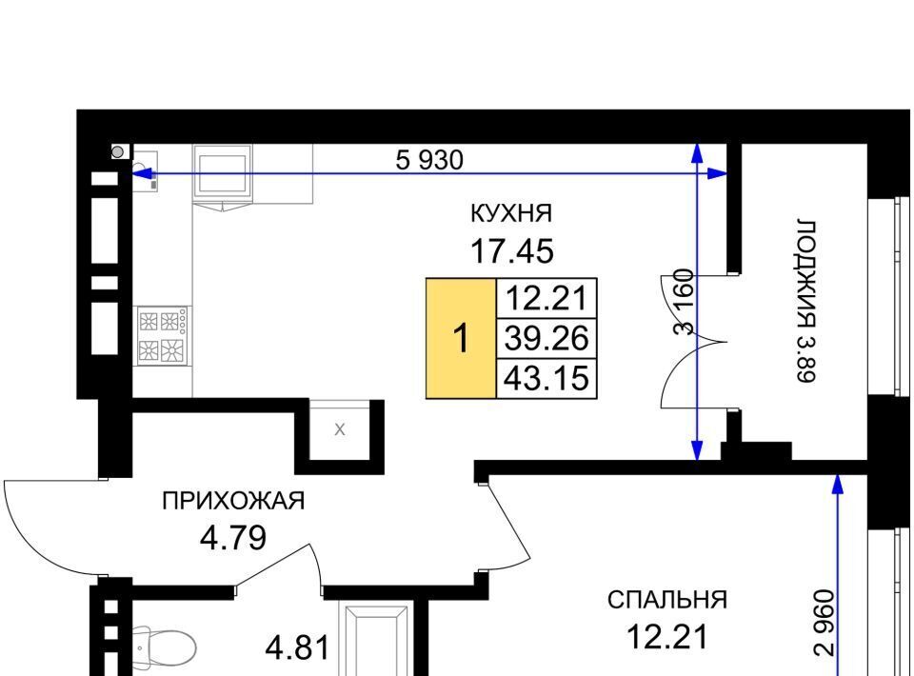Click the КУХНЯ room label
point(510,213)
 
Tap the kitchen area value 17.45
point(512,251)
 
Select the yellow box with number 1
point(461,338)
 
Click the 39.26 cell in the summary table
point(546,338)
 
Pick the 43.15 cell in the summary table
point(546,379)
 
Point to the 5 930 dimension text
point(429,160)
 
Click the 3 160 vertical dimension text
point(685,302)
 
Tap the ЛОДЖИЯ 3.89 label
point(806,301)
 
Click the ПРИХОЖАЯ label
point(233,501)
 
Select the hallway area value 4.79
point(233,538)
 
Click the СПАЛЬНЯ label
point(667,600)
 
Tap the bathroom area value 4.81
point(298,648)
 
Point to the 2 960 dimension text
point(825,624)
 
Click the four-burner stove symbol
point(163,336)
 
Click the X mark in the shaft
point(340,430)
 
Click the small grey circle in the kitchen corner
point(118,152)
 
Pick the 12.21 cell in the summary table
point(546,298)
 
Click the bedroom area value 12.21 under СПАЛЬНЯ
point(667,636)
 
